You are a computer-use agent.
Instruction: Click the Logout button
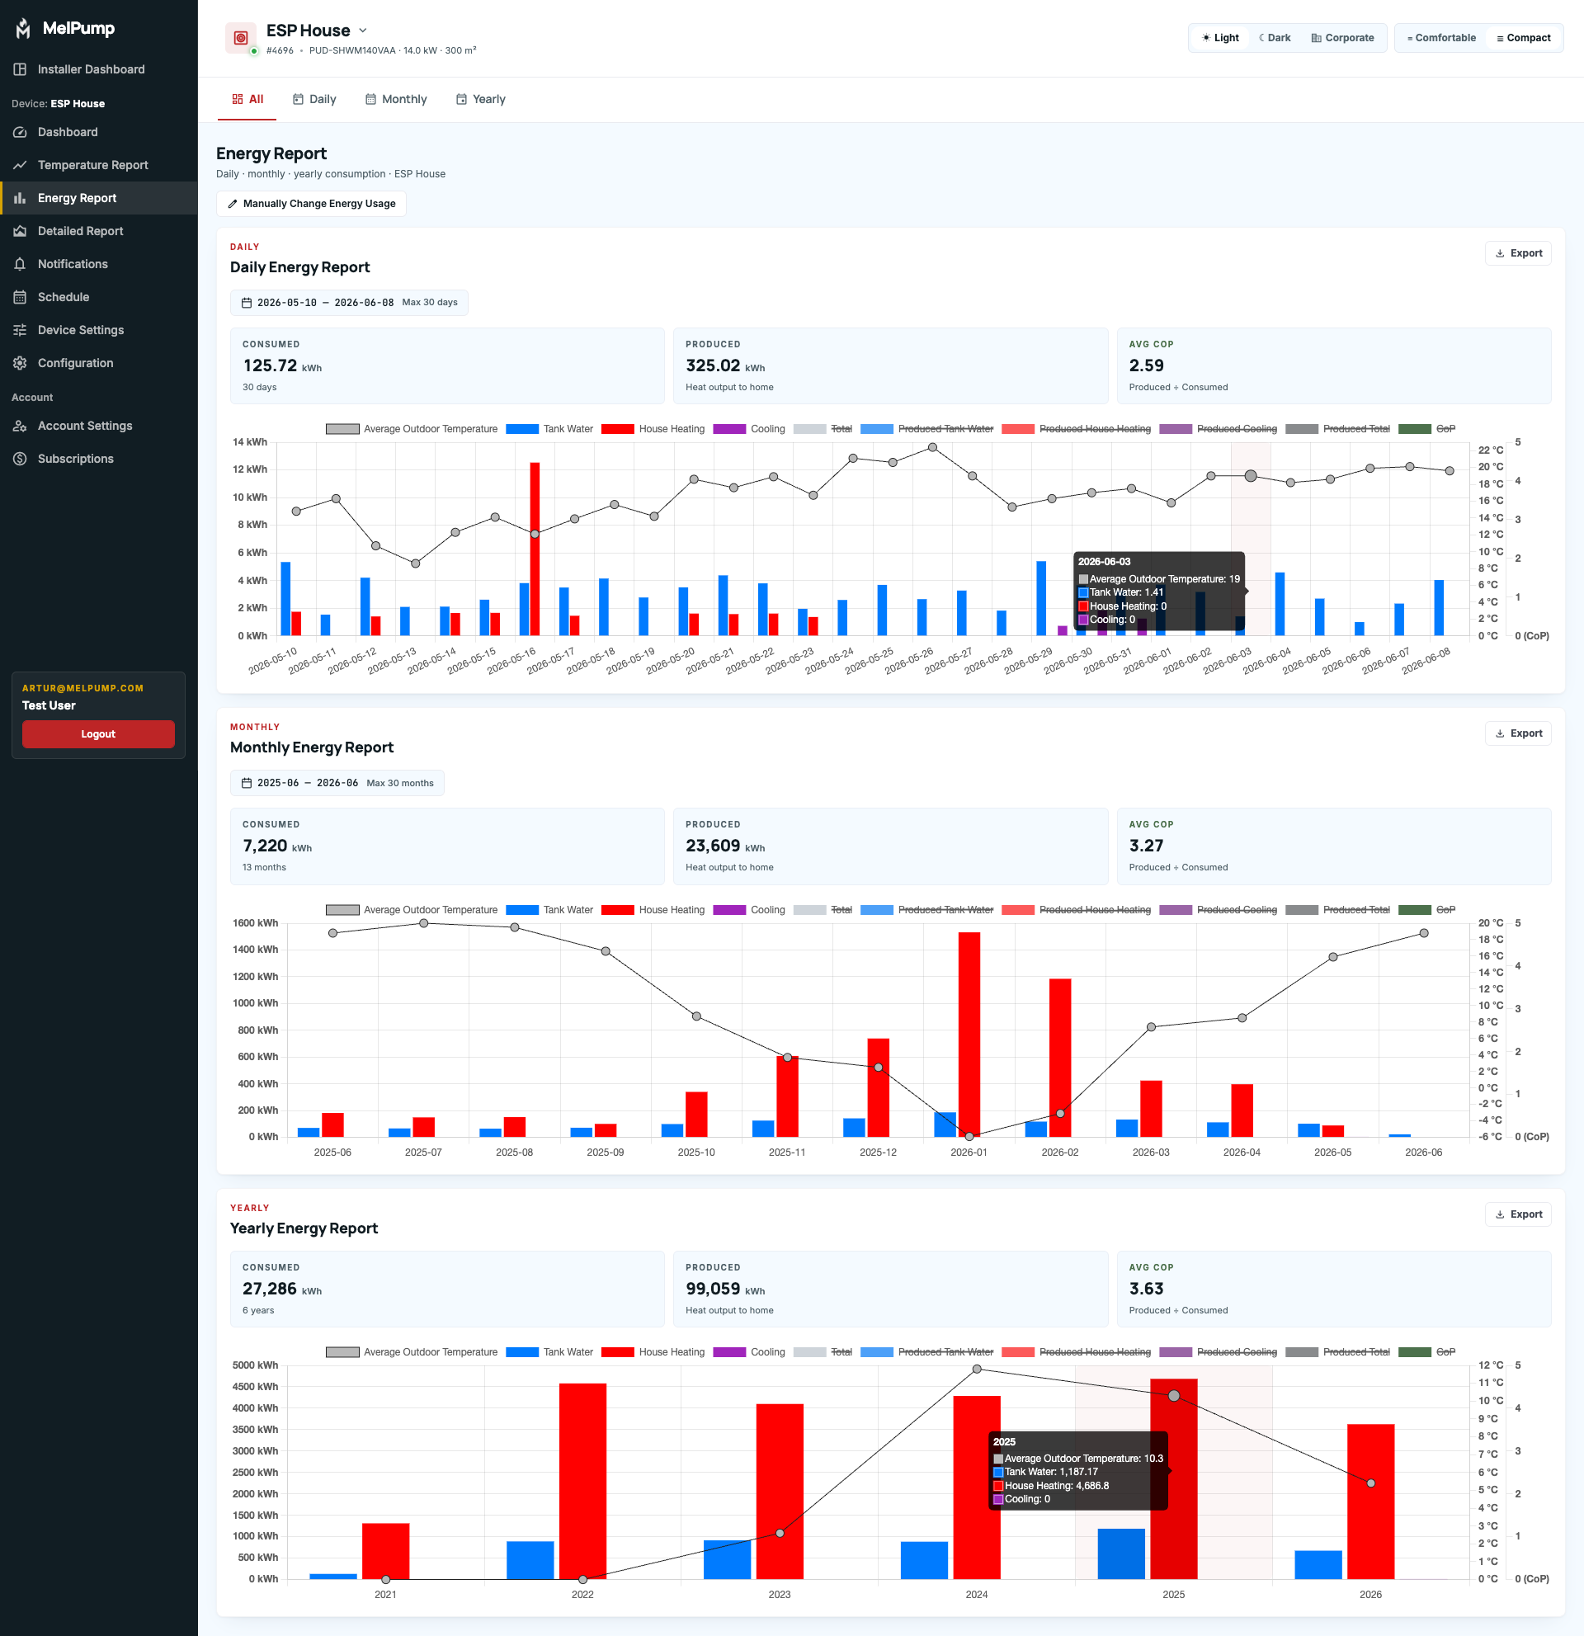tap(98, 733)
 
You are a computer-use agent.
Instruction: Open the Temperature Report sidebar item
tap(92, 165)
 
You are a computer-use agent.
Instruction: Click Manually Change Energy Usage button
tap(311, 204)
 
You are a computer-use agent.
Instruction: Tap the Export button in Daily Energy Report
tap(1518, 253)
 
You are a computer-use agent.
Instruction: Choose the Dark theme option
tap(1275, 38)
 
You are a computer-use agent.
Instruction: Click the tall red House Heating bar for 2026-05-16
tap(535, 549)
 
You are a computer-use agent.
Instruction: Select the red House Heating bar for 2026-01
tap(969, 1035)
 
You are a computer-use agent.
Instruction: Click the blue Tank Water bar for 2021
tap(333, 1576)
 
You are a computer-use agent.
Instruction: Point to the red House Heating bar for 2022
tap(582, 1481)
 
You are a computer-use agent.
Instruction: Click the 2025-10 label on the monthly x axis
tap(696, 1152)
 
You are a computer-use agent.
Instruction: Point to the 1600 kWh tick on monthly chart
tap(256, 923)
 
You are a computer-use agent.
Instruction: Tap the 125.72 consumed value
tap(271, 365)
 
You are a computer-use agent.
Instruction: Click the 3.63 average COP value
tap(1147, 1289)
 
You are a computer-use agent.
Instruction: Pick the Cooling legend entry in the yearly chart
tap(749, 1352)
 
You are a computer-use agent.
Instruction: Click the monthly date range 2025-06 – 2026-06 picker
tap(337, 783)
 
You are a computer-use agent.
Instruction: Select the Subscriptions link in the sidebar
tap(75, 459)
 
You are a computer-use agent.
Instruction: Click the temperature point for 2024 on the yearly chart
tap(978, 1369)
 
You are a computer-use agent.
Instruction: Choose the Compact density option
tap(1523, 38)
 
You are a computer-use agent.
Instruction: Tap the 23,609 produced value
tap(713, 846)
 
